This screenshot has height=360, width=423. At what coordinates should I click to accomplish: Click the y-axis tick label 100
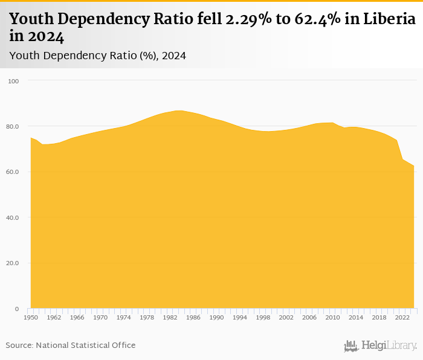coord(14,81)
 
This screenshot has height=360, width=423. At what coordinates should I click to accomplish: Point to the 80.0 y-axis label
coord(13,126)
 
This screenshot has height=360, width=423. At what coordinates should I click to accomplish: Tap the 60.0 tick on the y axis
coord(13,172)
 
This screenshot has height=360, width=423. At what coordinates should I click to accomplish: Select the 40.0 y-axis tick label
coord(13,217)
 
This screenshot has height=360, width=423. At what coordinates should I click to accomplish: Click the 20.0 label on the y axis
coord(13,263)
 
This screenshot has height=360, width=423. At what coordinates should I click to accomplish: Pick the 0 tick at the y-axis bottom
coord(17,309)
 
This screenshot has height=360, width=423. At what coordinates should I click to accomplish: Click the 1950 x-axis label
coord(30,317)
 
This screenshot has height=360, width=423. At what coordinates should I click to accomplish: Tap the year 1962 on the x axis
coord(54,317)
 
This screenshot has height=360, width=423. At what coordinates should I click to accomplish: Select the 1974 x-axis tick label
coord(123,317)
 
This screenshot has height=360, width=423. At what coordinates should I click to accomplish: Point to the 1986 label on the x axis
coord(193,317)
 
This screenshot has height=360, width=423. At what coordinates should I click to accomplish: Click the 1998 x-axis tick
coord(263,317)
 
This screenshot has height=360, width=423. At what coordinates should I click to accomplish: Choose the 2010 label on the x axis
coord(332,317)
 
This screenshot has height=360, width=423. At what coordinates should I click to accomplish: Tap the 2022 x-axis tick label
coord(402,317)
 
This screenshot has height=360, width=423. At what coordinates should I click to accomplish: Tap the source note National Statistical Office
coord(71,346)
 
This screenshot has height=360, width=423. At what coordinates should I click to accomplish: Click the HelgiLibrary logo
coord(381,346)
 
